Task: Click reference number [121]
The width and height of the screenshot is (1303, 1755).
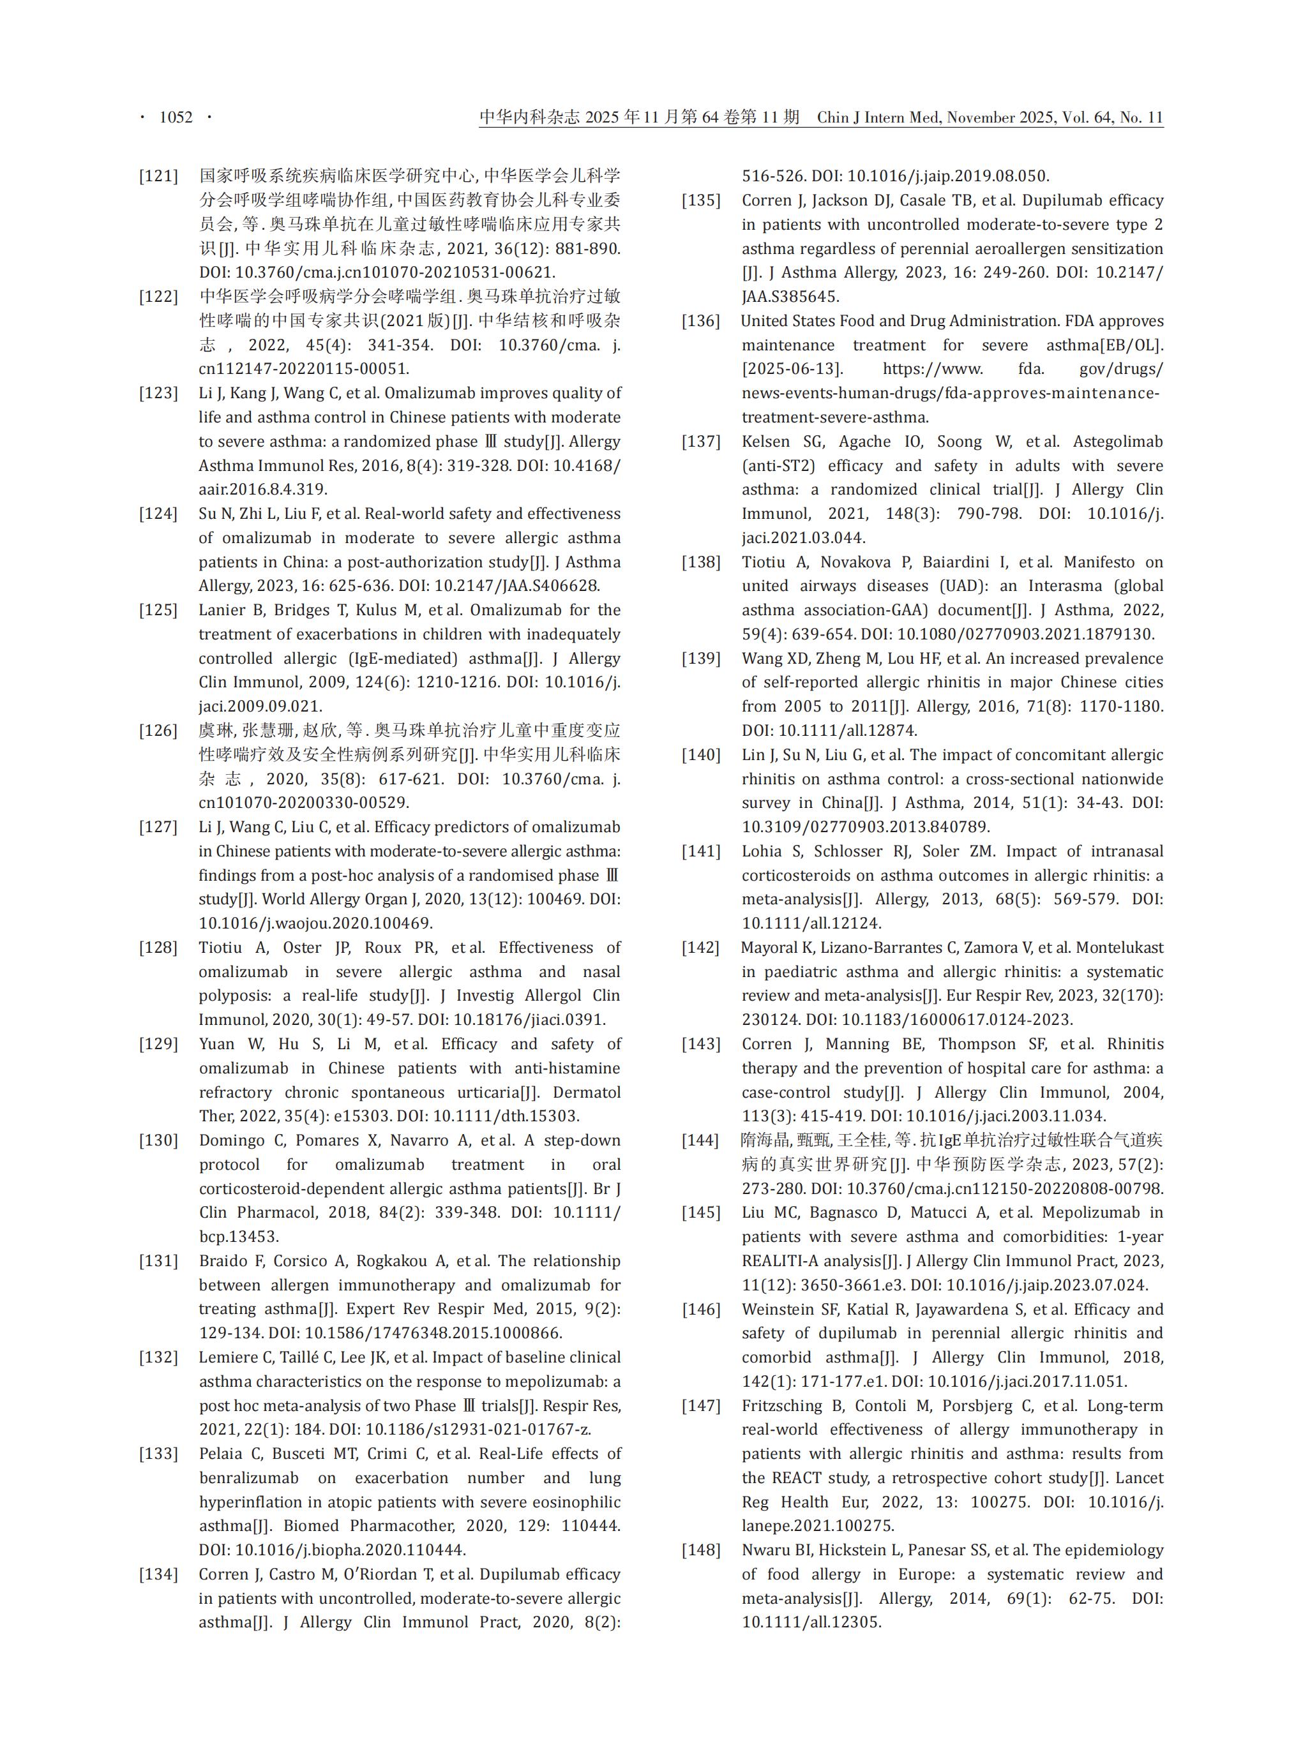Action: click(x=158, y=175)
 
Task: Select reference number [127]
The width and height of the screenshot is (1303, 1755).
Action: click(x=158, y=827)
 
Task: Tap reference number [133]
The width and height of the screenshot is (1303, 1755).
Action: click(x=158, y=1454)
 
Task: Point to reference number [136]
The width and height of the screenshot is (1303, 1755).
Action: click(x=701, y=321)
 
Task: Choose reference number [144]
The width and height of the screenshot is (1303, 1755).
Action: click(x=701, y=1140)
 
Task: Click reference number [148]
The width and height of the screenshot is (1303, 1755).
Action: click(x=701, y=1550)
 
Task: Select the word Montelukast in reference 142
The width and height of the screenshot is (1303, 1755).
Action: click(x=1120, y=948)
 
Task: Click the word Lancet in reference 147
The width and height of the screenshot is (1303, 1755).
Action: click(x=1140, y=1477)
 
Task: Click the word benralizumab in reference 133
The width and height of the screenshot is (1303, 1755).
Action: click(x=248, y=1477)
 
